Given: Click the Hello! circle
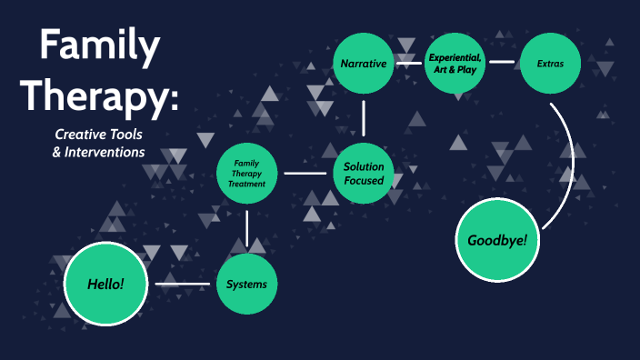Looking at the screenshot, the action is (x=105, y=284).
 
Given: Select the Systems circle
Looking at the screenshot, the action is (x=246, y=285).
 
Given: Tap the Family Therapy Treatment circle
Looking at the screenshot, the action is (x=247, y=173).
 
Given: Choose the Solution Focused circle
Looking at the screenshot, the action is (x=364, y=173).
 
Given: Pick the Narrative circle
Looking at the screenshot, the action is (x=364, y=64).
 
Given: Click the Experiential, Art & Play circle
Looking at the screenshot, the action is (x=455, y=64).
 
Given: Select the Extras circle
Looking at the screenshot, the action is (x=549, y=64).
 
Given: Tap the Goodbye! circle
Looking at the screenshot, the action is (x=497, y=240).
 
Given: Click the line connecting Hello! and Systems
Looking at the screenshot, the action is (x=184, y=285).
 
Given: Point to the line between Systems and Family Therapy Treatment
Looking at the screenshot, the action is (x=247, y=227).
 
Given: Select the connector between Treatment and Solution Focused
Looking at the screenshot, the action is (x=305, y=173).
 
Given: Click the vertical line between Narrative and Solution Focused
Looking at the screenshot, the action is (x=364, y=117).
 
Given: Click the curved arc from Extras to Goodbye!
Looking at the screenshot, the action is (x=570, y=164).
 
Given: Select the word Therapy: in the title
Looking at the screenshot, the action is (x=99, y=94).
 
